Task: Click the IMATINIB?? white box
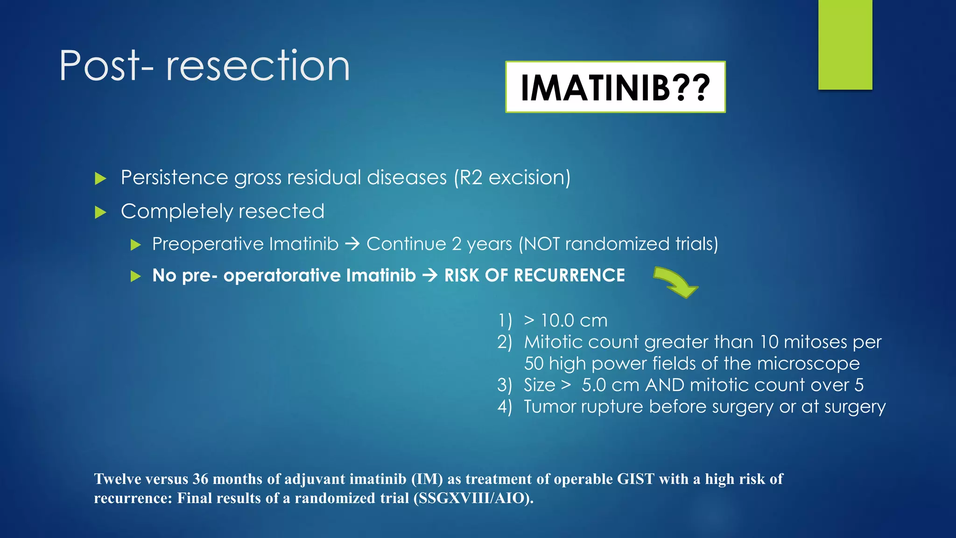[x=615, y=87]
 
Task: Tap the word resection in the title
[x=258, y=66]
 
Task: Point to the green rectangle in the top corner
[x=845, y=44]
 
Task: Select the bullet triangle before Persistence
[x=100, y=178]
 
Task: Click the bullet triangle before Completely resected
[x=100, y=212]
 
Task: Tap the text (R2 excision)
[x=512, y=178]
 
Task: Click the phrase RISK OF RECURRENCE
[x=534, y=276]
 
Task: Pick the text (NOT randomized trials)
[x=619, y=244]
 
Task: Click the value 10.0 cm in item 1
[x=574, y=321]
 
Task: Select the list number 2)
[x=505, y=342]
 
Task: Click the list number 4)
[x=505, y=407]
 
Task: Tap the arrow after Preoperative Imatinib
[x=352, y=244]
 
